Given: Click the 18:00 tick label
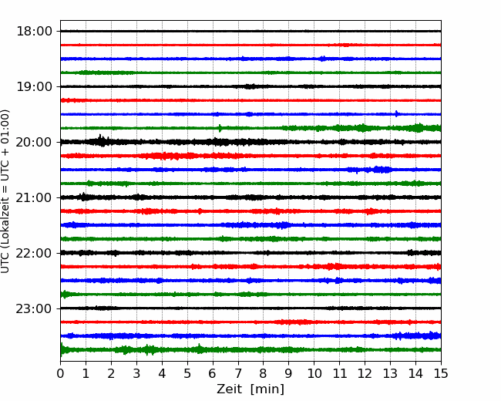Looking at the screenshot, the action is pos(34,32).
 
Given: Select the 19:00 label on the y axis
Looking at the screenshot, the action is pos(34,86).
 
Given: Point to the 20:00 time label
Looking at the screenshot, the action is pos(34,142).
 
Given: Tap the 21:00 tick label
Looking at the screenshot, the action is pos(34,197).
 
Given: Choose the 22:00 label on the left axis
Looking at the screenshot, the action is pos(34,253).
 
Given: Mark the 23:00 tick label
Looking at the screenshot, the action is pos(34,308).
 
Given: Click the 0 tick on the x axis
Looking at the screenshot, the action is pos(60,373).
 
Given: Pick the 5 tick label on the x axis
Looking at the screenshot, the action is pos(187,373).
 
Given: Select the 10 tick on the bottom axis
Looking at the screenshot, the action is pos(314,373).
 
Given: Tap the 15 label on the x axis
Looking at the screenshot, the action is pos(441,373).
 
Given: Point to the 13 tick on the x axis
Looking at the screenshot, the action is pos(390,373).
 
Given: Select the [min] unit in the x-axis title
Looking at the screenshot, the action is pos(267,389).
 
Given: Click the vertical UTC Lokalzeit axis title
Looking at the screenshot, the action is pos(5,191).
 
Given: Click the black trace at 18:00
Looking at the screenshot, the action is pos(250,31).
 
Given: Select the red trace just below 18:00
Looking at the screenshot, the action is pos(250,45).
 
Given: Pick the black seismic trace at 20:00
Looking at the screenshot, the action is pos(250,142).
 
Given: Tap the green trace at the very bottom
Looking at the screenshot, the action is pos(250,350).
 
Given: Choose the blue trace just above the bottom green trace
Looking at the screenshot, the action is pos(250,335).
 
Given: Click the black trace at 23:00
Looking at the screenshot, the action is pos(250,308).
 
